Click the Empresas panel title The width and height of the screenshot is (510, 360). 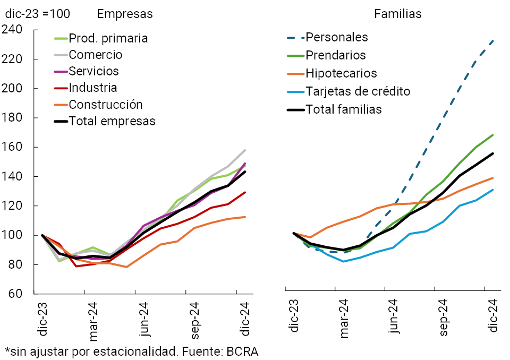125,14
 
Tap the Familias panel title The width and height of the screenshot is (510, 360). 398,14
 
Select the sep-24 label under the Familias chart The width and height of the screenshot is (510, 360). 443,315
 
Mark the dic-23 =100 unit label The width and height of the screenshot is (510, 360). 38,14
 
